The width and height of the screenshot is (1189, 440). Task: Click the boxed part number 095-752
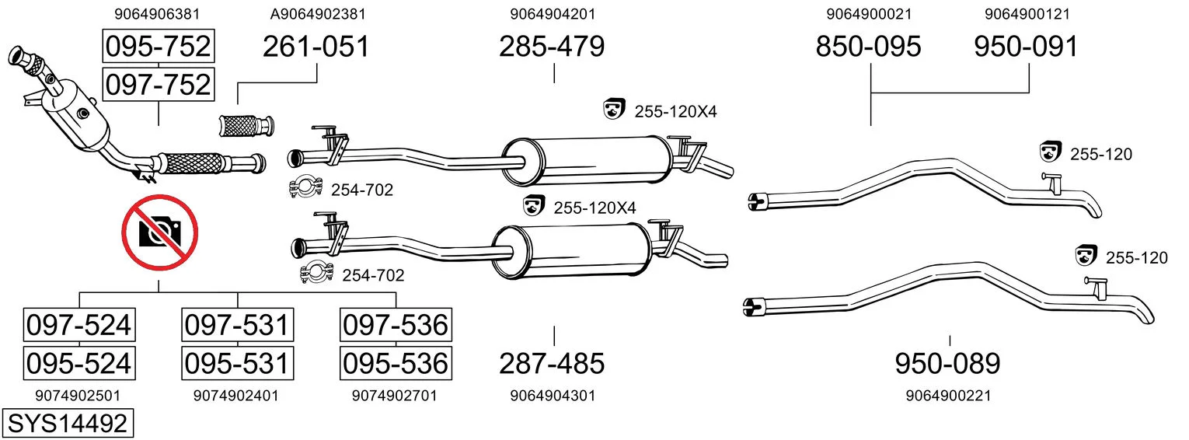tap(159, 46)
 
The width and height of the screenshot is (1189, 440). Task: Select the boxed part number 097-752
tap(159, 85)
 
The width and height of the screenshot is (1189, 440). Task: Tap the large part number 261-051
tap(316, 47)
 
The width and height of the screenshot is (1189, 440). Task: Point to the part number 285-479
tap(552, 47)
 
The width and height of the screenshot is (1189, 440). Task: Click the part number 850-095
tap(868, 47)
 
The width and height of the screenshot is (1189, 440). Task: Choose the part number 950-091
tap(1026, 47)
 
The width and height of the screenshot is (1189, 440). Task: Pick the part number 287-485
tap(552, 364)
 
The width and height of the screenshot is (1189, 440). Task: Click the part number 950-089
tap(947, 364)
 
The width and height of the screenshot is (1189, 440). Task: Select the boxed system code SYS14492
tap(68, 423)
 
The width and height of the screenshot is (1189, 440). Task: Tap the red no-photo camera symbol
tap(160, 232)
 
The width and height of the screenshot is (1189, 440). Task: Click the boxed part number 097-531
tap(237, 325)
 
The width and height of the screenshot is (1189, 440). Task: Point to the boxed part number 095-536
tap(396, 364)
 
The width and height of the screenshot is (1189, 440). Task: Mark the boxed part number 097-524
tap(79, 325)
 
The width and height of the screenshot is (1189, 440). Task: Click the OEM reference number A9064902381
tap(318, 14)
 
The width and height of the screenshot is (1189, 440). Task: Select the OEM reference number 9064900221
tap(949, 396)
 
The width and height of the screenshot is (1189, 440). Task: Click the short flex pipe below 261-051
tap(247, 126)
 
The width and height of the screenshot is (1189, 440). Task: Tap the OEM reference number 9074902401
tap(236, 396)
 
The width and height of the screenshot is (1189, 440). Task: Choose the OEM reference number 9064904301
tap(553, 396)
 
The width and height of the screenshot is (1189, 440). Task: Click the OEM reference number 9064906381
tap(157, 14)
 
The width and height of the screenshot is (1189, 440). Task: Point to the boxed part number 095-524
tap(79, 364)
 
